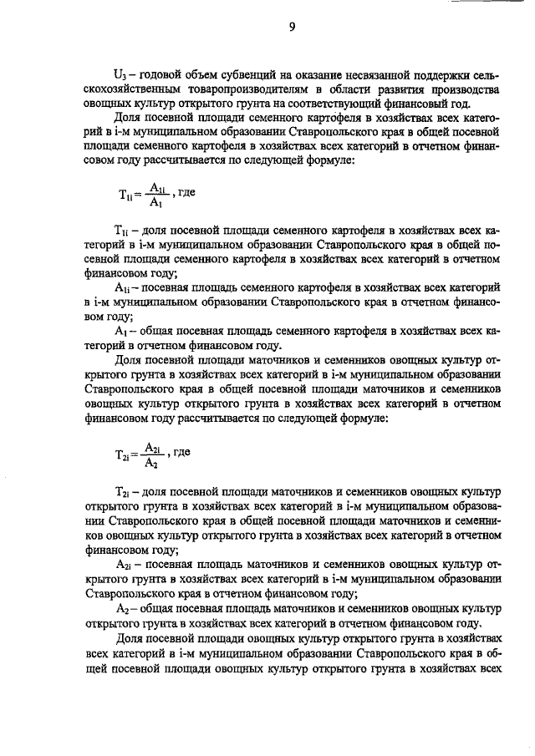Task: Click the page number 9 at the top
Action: click(292, 27)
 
